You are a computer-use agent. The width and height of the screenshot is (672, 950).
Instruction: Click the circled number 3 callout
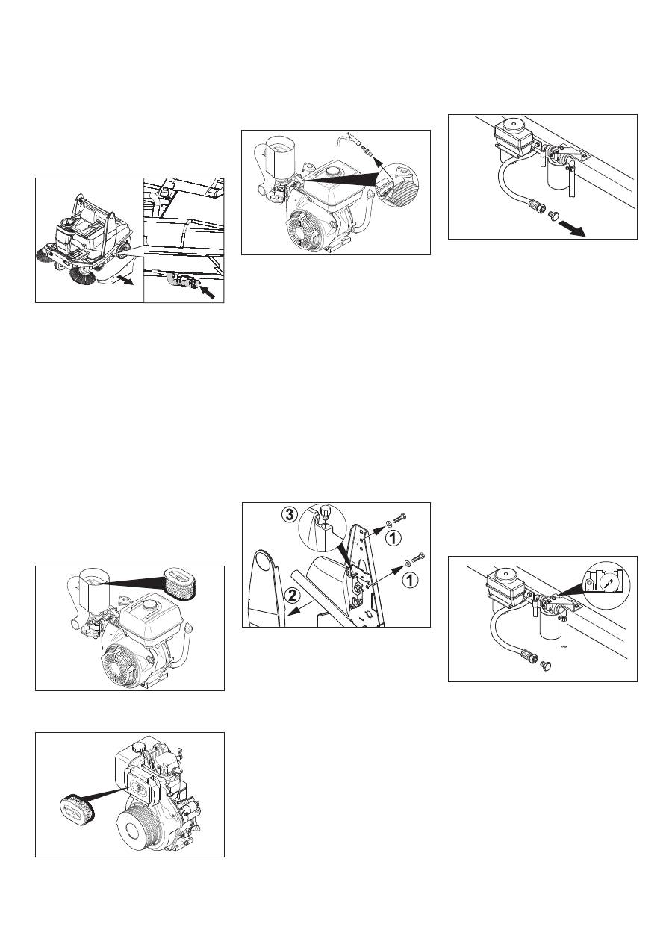tap(290, 515)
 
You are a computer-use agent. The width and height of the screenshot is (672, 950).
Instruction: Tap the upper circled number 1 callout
tap(393, 539)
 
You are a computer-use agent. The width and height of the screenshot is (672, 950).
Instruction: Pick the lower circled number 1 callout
tap(409, 581)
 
